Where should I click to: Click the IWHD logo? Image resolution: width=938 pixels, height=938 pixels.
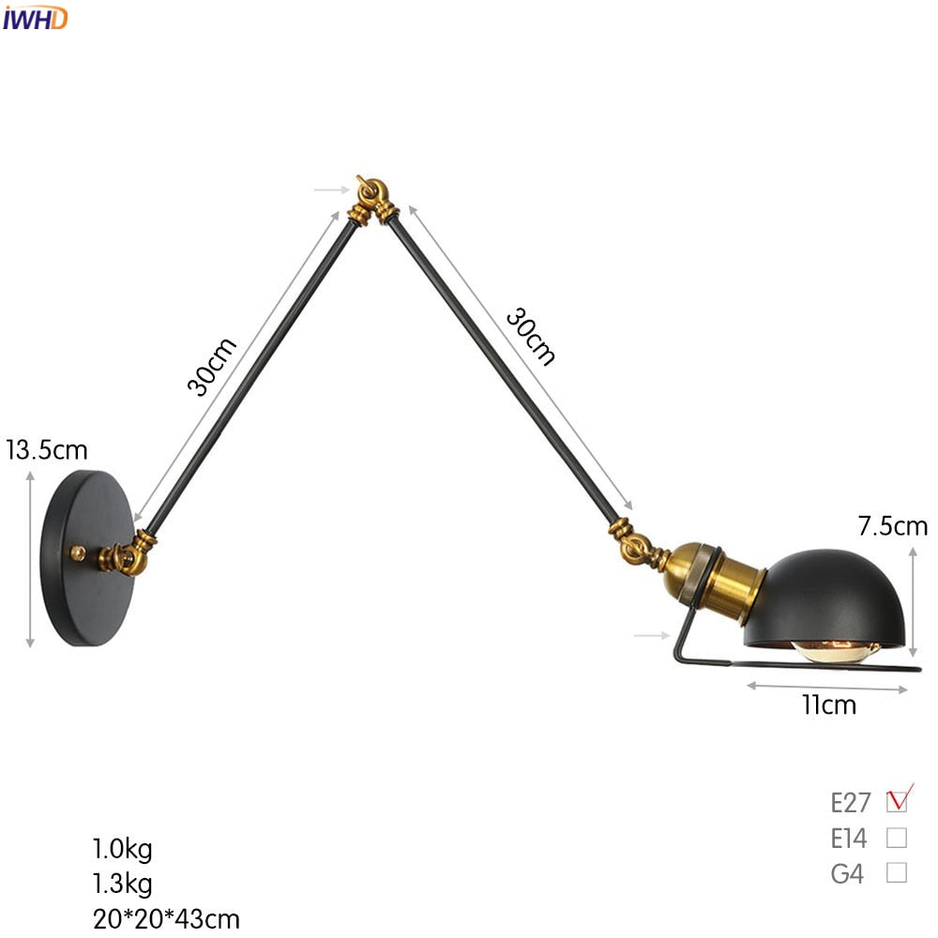tap(35, 17)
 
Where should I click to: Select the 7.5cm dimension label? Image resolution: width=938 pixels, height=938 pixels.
tap(892, 526)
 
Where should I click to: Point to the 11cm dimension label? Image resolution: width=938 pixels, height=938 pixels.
tap(829, 704)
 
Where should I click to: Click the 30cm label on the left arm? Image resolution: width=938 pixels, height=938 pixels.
tap(211, 366)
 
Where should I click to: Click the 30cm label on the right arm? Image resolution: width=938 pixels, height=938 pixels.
tap(531, 336)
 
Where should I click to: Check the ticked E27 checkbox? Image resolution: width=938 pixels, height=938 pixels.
tap(898, 802)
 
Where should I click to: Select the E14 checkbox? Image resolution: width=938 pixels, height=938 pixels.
tap(897, 838)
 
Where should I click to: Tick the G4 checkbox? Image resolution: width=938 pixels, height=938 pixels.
tap(897, 873)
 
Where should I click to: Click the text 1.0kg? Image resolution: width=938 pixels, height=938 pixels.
tap(122, 850)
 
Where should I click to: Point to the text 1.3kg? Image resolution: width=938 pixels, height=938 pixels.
tap(122, 884)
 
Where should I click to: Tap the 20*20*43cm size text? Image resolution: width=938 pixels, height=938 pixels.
tap(166, 918)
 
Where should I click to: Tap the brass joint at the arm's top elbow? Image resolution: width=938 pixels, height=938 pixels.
tap(374, 196)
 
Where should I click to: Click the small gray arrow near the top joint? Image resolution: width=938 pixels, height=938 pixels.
tap(329, 189)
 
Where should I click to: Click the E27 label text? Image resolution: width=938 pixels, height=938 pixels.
tap(851, 802)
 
